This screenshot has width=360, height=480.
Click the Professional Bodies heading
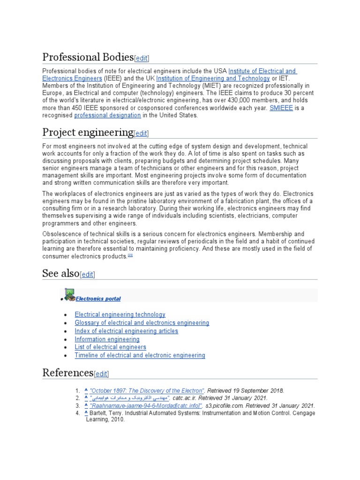coord(88,57)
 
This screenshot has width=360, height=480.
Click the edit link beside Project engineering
coord(141,134)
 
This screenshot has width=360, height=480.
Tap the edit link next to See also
coord(87,275)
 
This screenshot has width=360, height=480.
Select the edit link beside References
coord(101,374)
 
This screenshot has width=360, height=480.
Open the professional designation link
coord(107,115)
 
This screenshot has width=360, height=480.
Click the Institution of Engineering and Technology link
coord(213,78)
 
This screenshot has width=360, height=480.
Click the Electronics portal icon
coord(69,294)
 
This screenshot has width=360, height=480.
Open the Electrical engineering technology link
coord(120,315)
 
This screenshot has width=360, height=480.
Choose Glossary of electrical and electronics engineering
coord(142,323)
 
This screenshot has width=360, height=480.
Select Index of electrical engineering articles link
coord(127,331)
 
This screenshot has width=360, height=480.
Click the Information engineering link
coord(107,339)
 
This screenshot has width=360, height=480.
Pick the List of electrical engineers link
coord(111,347)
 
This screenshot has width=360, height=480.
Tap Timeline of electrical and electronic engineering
coord(140,355)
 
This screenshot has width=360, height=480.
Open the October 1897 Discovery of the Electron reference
coord(147,390)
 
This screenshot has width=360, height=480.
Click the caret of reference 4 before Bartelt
coord(86,413)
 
